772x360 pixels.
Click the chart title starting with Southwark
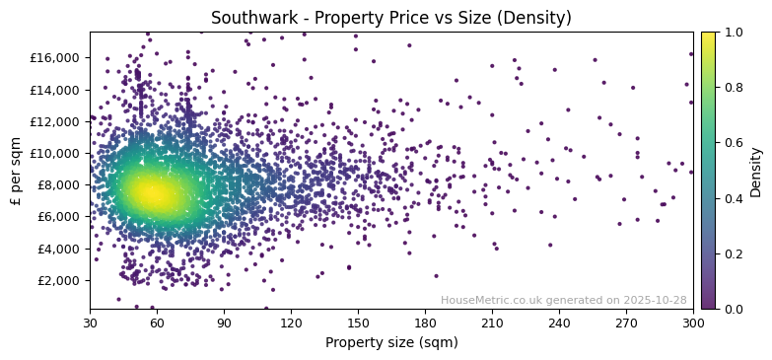coord(390,18)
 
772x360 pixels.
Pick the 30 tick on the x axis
coord(90,323)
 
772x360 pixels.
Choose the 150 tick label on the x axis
coord(358,323)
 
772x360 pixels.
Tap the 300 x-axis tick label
coord(692,323)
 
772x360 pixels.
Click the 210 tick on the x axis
coord(492,323)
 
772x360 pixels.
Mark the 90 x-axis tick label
coord(224,323)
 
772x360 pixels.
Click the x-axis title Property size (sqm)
coord(390,342)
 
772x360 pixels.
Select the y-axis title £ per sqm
coord(17,171)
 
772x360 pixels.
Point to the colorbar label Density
coord(756,171)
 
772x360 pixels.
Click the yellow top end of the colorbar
coord(709,35)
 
